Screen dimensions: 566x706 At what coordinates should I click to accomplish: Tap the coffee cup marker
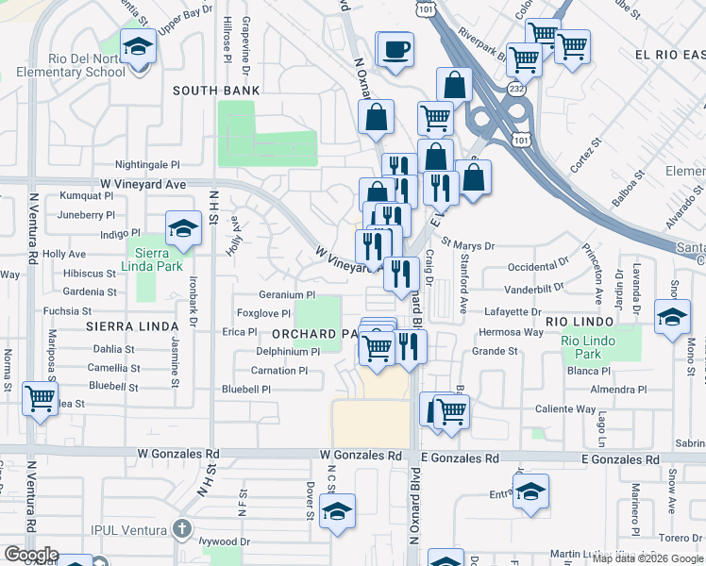395,48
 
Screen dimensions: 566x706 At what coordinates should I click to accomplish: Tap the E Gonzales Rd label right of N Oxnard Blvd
459,458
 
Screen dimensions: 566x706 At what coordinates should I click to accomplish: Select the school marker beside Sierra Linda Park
183,227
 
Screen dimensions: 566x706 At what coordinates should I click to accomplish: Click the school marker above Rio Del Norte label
139,46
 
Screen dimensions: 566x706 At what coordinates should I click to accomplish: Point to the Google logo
30,555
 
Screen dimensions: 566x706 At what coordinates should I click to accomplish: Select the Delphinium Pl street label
288,351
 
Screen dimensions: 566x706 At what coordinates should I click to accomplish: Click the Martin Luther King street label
604,554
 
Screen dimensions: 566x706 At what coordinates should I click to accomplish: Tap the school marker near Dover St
337,510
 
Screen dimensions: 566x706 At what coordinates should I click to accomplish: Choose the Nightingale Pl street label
147,164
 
